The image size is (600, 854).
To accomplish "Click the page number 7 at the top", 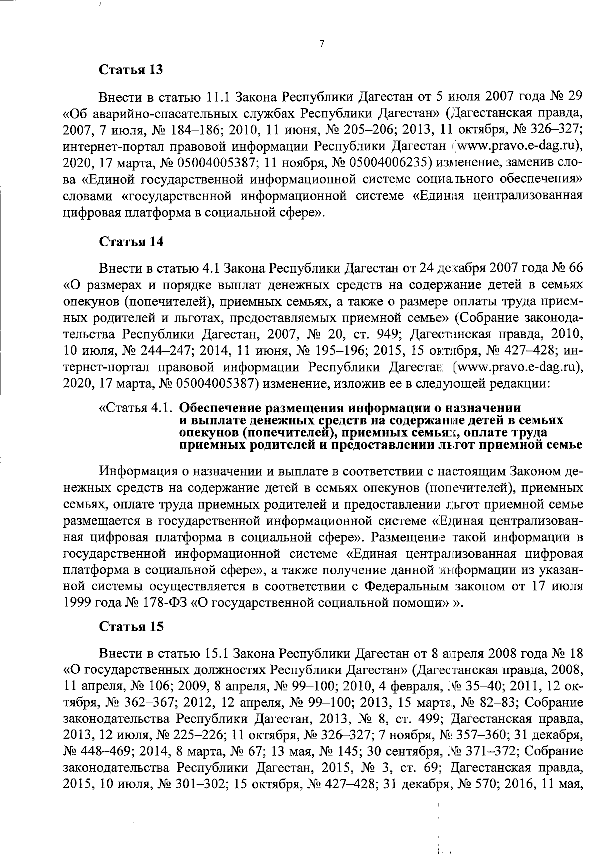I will click(322, 44).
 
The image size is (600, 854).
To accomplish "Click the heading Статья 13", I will click(131, 69).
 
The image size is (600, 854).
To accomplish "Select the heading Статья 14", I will click(131, 242).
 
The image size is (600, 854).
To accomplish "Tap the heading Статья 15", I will click(131, 626).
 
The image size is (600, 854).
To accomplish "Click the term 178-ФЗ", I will click(164, 602).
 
